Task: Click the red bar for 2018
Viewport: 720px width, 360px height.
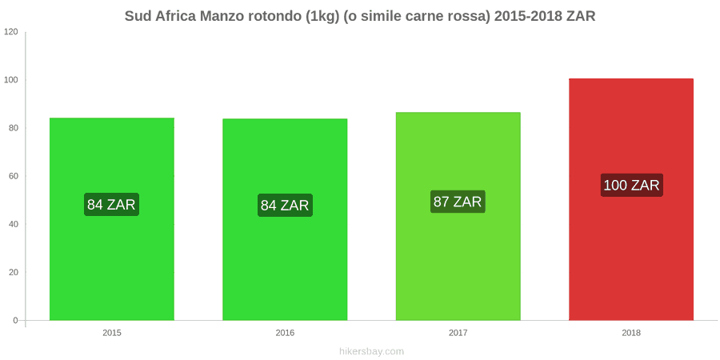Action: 631,199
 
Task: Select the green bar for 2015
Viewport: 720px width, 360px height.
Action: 111,219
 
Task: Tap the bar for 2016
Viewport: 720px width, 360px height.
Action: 285,219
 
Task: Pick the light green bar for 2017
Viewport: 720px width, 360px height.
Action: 458,216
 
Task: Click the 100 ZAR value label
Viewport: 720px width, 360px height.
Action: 631,185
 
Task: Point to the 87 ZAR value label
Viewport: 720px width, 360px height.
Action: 458,202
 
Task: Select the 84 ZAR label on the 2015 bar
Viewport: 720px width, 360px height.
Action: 111,204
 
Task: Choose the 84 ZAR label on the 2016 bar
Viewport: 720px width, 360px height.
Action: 285,206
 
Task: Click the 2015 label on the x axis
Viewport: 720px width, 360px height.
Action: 111,333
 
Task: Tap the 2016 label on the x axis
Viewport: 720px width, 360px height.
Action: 285,333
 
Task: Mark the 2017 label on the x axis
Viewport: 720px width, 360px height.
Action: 458,333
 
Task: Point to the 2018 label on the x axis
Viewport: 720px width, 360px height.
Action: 631,333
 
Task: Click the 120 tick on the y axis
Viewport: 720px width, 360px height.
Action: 11,32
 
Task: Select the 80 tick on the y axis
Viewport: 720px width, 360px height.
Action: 14,128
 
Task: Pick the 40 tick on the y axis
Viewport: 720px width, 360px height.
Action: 14,224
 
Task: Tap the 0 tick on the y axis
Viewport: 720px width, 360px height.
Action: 16,320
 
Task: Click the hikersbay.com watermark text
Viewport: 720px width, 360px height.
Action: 371,352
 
